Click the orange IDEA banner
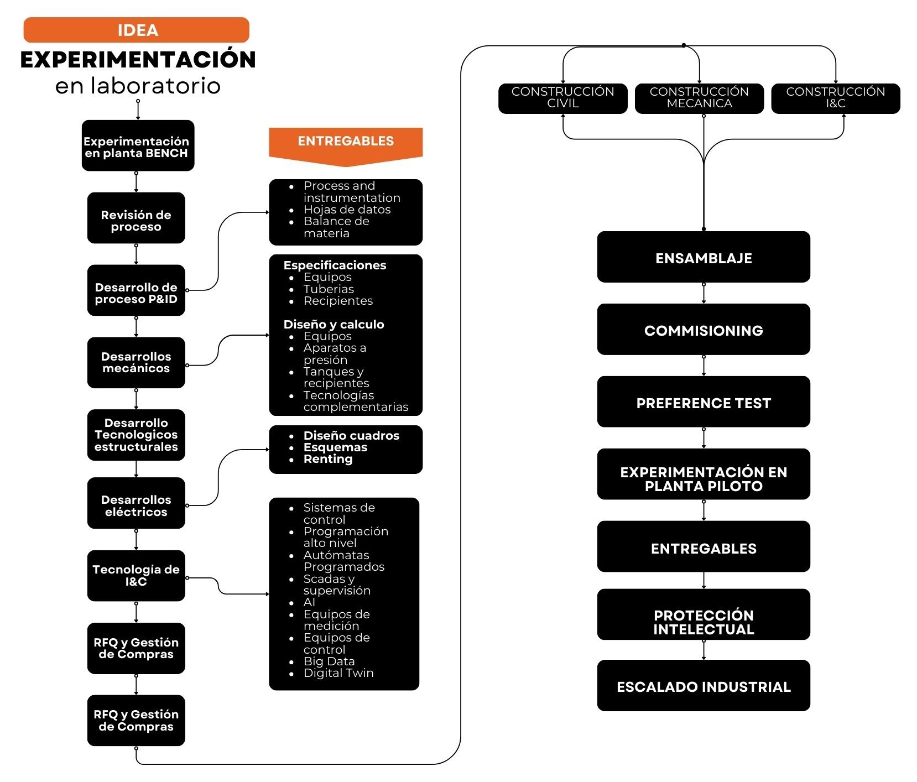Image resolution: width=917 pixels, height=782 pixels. (x=136, y=30)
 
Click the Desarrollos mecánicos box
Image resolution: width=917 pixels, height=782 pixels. (x=136, y=362)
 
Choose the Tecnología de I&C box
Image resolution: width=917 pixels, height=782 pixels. (x=136, y=575)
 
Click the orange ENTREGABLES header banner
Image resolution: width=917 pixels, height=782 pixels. (x=346, y=142)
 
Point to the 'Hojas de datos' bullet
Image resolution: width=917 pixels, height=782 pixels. (x=347, y=210)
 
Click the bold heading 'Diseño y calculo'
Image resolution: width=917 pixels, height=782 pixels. (x=334, y=325)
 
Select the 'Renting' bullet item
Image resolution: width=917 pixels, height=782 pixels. (x=328, y=459)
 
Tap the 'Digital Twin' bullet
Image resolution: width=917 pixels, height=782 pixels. (x=338, y=673)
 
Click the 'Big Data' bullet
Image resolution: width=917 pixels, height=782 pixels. (x=329, y=661)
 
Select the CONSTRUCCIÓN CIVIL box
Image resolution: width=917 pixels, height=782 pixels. (x=562, y=98)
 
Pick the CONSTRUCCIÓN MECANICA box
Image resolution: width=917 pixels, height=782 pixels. (x=699, y=98)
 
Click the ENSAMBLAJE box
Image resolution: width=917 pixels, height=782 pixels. (x=704, y=257)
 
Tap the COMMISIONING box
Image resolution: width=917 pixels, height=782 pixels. (x=704, y=330)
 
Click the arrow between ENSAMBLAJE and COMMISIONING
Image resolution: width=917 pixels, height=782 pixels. (x=704, y=293)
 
